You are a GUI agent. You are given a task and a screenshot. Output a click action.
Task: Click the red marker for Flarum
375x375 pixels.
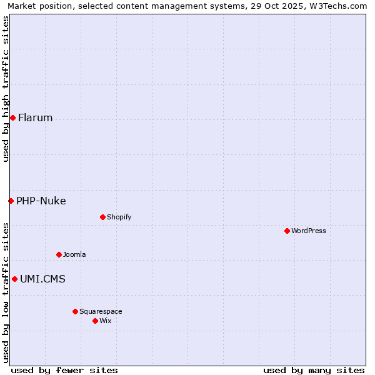point(12,117)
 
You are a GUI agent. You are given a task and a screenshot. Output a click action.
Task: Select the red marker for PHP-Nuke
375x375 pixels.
point(11,201)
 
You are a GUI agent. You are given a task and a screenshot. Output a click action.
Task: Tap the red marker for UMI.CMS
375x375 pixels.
point(14,279)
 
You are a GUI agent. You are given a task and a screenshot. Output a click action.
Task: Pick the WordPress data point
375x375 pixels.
point(287,231)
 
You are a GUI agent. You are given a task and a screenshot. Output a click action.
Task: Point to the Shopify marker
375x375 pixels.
point(102,217)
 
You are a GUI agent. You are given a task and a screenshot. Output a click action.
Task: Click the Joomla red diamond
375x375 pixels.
point(59,254)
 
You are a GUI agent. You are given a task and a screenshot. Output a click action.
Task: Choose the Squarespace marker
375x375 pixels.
point(75,311)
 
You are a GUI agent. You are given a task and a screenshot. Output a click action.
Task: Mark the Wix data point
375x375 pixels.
point(95,321)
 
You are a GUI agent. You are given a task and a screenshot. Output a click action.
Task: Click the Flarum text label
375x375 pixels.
point(36,117)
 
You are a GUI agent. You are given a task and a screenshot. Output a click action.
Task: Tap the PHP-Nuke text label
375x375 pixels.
point(41,201)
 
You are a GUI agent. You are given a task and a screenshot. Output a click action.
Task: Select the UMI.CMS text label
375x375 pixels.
point(42,279)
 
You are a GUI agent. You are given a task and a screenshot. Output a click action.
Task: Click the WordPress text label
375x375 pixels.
point(309,231)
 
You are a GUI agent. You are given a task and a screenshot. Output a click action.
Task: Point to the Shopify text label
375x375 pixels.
point(119,217)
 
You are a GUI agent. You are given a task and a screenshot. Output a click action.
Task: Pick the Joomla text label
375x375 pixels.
point(74,254)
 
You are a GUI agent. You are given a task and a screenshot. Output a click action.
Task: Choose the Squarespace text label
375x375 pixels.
point(101,311)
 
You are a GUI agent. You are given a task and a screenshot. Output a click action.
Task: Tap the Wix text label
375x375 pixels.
point(106,321)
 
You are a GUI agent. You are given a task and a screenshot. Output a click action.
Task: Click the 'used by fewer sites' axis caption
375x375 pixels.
point(64,370)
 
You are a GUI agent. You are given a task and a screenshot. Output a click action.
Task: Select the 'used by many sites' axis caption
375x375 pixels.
point(314,370)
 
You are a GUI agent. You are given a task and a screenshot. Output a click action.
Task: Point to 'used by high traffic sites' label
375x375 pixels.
point(6,89)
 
